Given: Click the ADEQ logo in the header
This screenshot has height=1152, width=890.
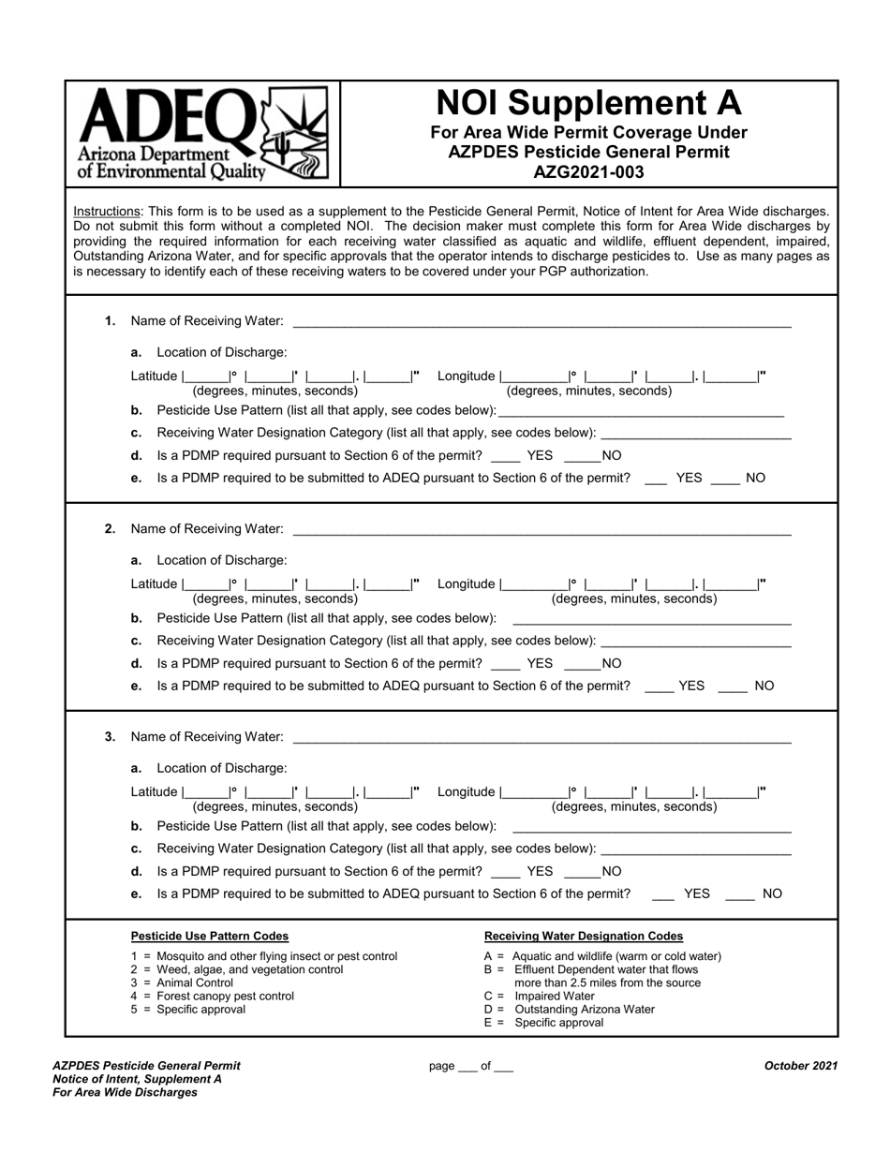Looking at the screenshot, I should click(x=202, y=132).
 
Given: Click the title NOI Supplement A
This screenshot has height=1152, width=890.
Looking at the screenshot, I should click(x=588, y=102).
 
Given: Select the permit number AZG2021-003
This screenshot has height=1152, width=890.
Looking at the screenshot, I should click(x=588, y=171).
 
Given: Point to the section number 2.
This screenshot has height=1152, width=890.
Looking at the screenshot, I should click(x=110, y=529).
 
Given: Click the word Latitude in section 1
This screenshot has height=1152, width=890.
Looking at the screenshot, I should click(x=154, y=376).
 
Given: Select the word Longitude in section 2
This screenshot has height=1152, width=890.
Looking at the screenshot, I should click(x=466, y=583).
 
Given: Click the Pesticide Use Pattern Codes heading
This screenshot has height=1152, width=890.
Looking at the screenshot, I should click(x=209, y=936).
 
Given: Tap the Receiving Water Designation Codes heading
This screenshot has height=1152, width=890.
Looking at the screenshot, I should click(x=583, y=936).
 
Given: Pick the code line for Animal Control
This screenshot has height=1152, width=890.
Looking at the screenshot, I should click(x=182, y=982).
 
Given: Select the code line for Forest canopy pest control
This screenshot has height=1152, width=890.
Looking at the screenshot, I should click(x=212, y=996).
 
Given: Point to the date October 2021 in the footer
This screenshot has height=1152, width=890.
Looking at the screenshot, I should click(x=800, y=1065).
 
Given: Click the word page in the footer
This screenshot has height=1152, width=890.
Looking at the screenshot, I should click(x=440, y=1066).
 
